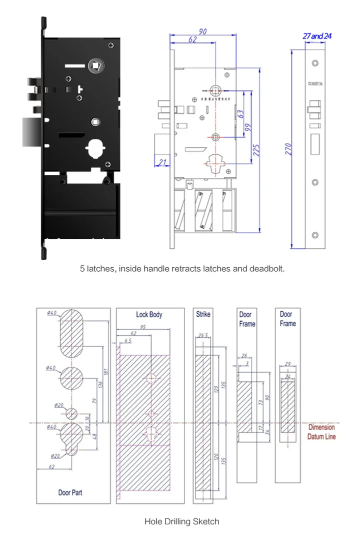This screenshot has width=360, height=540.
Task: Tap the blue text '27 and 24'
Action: pos(317,36)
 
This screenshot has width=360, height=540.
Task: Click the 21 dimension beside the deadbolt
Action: pos(162,161)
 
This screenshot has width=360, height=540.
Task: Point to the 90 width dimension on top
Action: pos(203,32)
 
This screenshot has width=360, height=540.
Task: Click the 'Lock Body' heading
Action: pos(149,315)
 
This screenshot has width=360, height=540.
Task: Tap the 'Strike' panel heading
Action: pos(203,314)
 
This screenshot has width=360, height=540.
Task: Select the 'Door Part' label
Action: pos(70,493)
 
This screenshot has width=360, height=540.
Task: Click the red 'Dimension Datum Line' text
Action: pos(321,432)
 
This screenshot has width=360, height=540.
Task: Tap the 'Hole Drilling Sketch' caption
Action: pos(181,522)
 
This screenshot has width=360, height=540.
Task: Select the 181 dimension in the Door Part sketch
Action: pos(106,372)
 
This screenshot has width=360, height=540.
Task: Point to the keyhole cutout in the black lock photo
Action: pos(96,148)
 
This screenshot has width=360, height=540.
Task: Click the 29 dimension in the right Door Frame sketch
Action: pos(287,365)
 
